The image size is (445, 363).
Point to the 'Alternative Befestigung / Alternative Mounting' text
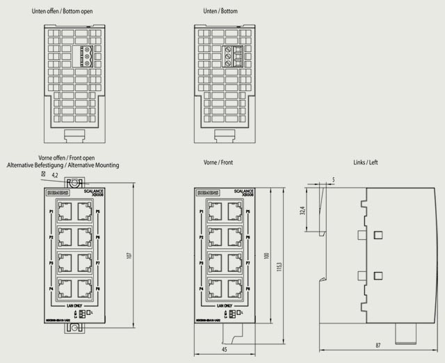(x=63, y=166)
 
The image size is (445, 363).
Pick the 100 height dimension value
(x=267, y=256)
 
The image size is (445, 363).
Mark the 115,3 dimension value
(x=280, y=266)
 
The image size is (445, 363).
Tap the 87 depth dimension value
(x=378, y=346)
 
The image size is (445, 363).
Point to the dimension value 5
(x=334, y=180)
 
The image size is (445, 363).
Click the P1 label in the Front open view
(x=51, y=211)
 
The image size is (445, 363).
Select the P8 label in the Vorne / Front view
(x=249, y=288)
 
